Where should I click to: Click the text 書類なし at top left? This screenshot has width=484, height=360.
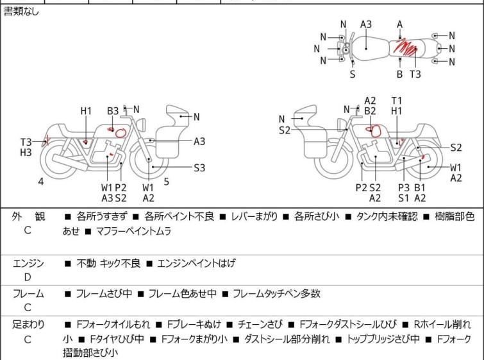click(x=21, y=12)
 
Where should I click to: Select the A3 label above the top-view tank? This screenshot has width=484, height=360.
click(x=366, y=24)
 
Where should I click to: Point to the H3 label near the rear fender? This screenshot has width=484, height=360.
click(x=26, y=153)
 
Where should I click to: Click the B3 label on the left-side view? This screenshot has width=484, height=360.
click(x=113, y=111)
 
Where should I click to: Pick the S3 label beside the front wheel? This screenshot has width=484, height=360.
click(x=199, y=168)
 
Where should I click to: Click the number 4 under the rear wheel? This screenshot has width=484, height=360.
click(x=41, y=182)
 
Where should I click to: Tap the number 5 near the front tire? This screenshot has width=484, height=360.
click(x=166, y=182)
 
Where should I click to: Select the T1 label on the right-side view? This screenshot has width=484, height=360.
click(x=397, y=101)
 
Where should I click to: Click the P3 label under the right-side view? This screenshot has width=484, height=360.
click(x=404, y=187)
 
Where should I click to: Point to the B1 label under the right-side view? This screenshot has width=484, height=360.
click(x=420, y=187)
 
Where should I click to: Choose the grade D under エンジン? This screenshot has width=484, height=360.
click(x=28, y=277)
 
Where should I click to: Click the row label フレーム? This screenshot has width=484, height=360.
click(x=29, y=294)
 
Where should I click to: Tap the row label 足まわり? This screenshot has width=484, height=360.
click(x=29, y=325)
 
